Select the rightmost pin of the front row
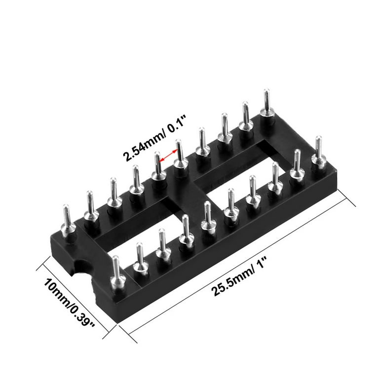[x=319, y=152]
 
